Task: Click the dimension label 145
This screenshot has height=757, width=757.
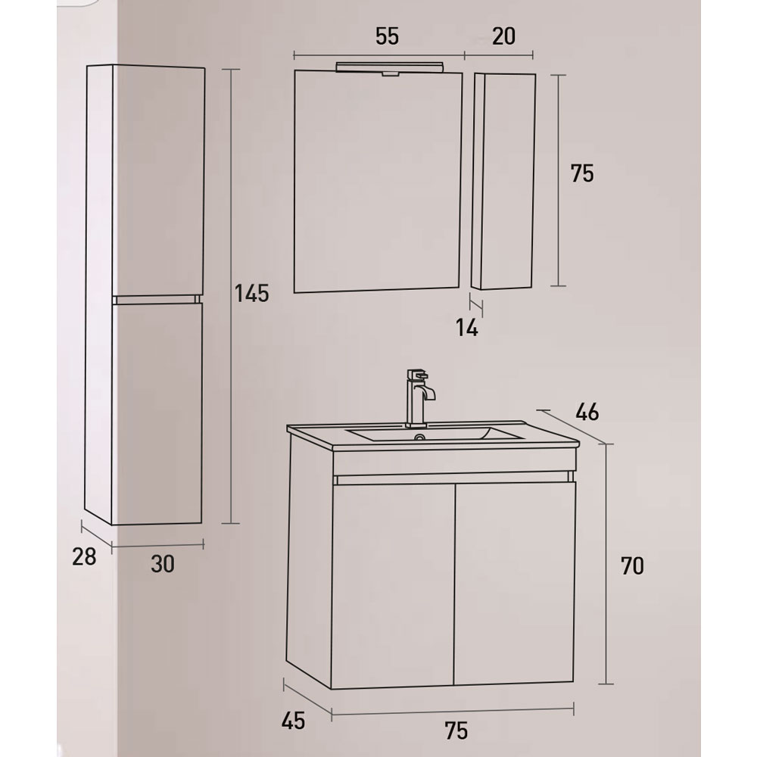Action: (x=251, y=293)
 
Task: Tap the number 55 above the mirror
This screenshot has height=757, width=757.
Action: (x=387, y=36)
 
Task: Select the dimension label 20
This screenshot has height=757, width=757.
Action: (x=503, y=36)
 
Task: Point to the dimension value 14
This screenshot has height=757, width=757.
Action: (x=467, y=329)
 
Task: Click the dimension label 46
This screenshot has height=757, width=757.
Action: (x=587, y=413)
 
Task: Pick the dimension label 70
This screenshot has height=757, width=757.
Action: (x=632, y=565)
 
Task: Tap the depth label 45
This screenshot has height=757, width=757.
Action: (x=294, y=721)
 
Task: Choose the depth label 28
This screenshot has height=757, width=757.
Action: (x=84, y=556)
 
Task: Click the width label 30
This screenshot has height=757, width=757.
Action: (x=163, y=564)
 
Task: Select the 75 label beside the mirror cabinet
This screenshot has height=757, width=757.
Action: (x=581, y=174)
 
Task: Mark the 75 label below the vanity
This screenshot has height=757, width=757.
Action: (x=456, y=731)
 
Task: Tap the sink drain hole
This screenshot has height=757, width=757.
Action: (x=420, y=438)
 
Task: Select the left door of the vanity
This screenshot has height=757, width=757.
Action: (x=392, y=586)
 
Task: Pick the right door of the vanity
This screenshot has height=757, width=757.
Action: (x=514, y=583)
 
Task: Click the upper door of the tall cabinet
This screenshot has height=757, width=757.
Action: (x=158, y=181)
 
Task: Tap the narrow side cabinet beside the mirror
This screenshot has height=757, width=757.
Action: (x=503, y=181)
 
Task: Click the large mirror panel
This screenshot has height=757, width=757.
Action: (x=378, y=181)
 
